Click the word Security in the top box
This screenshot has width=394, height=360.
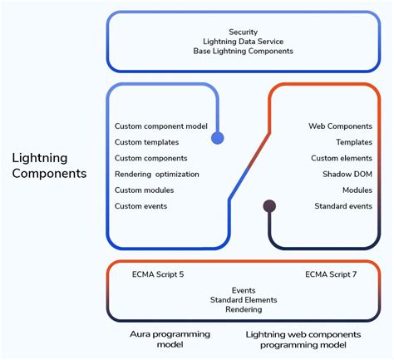point(243,32)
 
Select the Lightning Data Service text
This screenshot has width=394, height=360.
point(243,42)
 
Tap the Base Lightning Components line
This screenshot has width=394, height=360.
point(243,52)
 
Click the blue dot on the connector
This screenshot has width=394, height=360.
point(218,138)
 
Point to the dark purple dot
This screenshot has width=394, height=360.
point(268,206)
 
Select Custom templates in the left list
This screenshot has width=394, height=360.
point(146,142)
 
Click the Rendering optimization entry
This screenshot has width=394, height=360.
point(157,175)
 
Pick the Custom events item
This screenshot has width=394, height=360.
point(140,206)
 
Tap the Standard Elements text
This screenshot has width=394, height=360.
point(243,299)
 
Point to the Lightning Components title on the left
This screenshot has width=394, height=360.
point(49,165)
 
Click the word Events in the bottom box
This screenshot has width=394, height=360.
point(243,289)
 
